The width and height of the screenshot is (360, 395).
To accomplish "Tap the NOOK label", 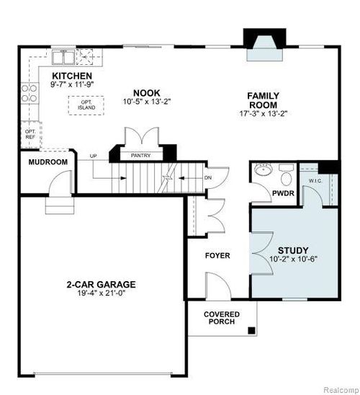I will pyautogui.click(x=146, y=92).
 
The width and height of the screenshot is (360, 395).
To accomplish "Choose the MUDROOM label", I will pyautogui.click(x=48, y=162).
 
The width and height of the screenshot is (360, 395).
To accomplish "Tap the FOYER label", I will pyautogui.click(x=217, y=254).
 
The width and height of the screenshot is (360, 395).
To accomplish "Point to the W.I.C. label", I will pyautogui.click(x=315, y=180).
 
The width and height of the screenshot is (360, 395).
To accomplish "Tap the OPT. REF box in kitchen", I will pyautogui.click(x=30, y=134).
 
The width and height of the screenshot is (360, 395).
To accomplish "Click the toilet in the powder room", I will pyautogui.click(x=287, y=176).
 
